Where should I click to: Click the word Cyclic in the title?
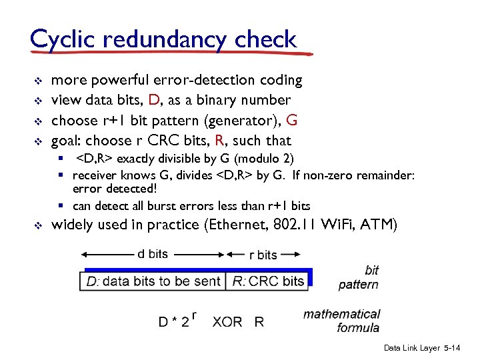(x=62, y=39)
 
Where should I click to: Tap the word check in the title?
(x=265, y=39)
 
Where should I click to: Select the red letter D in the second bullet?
(x=154, y=100)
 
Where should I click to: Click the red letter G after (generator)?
(x=291, y=121)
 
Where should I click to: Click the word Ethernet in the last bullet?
(x=236, y=225)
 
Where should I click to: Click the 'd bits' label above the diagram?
(x=153, y=254)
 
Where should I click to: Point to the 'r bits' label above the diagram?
(x=263, y=255)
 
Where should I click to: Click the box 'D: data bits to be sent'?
(x=153, y=281)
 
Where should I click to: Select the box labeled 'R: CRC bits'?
(x=268, y=281)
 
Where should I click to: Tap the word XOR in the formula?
(x=227, y=322)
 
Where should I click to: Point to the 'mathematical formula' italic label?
(x=342, y=320)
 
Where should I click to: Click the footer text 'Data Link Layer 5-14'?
(x=422, y=349)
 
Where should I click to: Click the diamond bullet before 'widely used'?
(x=37, y=225)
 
